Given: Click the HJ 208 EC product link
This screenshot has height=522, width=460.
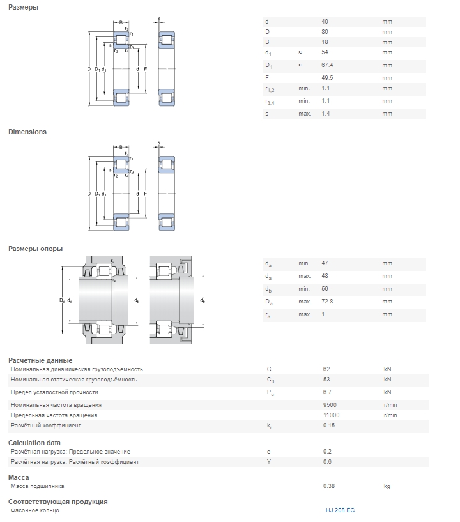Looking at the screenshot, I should click(x=340, y=510).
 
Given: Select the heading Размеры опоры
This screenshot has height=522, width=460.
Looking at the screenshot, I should click(x=35, y=249).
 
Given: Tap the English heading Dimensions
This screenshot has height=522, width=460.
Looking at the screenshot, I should click(x=27, y=132).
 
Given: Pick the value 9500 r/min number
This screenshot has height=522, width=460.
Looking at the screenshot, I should click(x=330, y=404).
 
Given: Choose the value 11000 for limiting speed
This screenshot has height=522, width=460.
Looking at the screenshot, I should click(x=331, y=415).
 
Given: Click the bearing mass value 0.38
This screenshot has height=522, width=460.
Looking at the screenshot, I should click(x=329, y=486).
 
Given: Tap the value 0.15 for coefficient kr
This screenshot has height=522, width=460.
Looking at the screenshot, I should click(x=329, y=426).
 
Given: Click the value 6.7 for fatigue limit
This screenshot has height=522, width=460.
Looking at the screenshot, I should click(x=327, y=392).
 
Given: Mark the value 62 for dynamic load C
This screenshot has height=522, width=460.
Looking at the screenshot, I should click(x=326, y=369).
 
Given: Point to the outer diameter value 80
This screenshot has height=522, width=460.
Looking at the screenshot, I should click(x=325, y=32).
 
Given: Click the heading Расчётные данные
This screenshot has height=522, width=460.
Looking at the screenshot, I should click(x=40, y=360).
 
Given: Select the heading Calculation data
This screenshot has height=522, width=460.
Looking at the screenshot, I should click(x=34, y=443).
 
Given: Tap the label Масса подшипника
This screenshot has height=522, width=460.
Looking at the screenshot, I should click(x=37, y=486).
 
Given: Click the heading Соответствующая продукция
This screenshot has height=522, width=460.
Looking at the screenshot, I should click(x=57, y=502).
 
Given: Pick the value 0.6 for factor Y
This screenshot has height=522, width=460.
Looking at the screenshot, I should click(x=327, y=462).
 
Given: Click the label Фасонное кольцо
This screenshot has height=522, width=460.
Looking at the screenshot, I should click(x=35, y=510).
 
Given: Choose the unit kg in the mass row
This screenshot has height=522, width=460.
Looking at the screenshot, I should click(x=387, y=486).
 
